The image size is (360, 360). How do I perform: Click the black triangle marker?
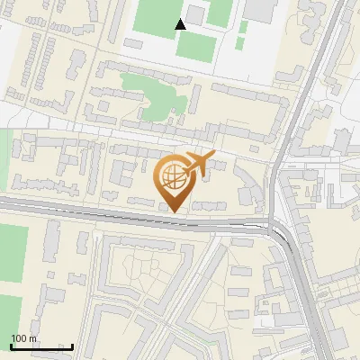point(181,23)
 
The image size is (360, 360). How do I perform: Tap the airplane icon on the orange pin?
point(200,163)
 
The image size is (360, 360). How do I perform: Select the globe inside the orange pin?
point(175,177)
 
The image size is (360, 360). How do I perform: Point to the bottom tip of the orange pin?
point(175,213)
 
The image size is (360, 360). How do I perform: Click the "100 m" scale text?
point(23,338)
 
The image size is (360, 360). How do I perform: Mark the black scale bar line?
point(41,346)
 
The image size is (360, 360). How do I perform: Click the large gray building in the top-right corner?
point(261,10)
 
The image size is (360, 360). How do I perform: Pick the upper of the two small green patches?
point(244,26)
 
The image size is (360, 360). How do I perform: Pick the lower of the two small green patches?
point(240,41)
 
